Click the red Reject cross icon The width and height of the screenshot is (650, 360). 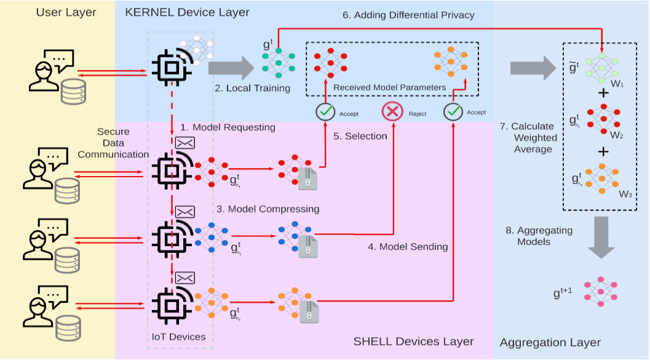click(392, 112)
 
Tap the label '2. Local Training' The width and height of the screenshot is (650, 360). click(252, 88)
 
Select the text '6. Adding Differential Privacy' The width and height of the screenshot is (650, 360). click(409, 15)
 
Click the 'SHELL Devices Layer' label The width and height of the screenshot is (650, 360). click(413, 341)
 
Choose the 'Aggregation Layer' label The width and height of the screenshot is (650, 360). click(550, 343)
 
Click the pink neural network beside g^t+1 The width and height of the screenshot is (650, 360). click(600, 291)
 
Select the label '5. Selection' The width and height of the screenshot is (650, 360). click(360, 136)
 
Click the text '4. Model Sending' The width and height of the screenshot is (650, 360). click(408, 247)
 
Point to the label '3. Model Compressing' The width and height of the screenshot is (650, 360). click(268, 209)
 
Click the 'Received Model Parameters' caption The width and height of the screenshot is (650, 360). click(389, 87)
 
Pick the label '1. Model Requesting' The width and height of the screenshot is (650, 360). click(227, 127)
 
